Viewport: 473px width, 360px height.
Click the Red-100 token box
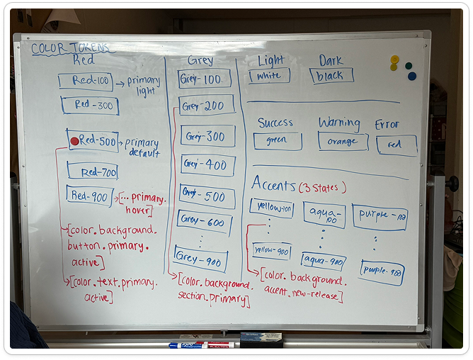(85, 81)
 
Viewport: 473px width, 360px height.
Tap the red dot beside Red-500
(74, 141)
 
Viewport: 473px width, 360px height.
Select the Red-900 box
(89, 196)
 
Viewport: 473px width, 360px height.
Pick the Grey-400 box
(207, 165)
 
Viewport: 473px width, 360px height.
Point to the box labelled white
(269, 76)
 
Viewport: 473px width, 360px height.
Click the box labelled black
(331, 75)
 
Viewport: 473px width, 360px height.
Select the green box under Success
(277, 140)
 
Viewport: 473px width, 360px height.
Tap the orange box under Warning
(343, 141)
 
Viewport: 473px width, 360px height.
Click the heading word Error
(387, 125)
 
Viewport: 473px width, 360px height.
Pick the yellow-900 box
(272, 251)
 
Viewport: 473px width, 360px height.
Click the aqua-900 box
(323, 261)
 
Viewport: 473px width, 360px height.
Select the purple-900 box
(382, 271)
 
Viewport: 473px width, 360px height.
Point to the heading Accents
(273, 186)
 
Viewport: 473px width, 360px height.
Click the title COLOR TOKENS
(70, 48)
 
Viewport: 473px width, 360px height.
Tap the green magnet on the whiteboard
(409, 66)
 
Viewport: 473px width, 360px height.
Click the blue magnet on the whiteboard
(412, 76)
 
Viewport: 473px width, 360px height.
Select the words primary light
(144, 86)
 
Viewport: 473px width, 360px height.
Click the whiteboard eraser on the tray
(261, 339)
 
